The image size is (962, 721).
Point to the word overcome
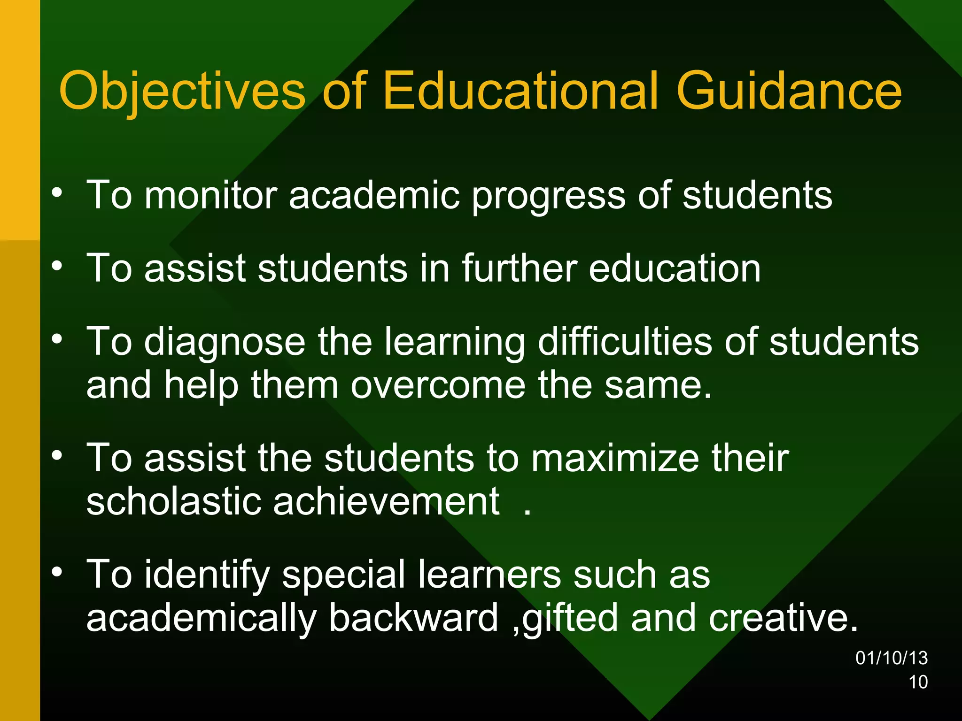point(438,385)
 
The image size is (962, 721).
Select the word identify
point(207,575)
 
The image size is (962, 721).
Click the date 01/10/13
point(892,658)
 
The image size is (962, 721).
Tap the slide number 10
point(918,682)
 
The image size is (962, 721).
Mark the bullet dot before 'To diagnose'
point(57,339)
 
